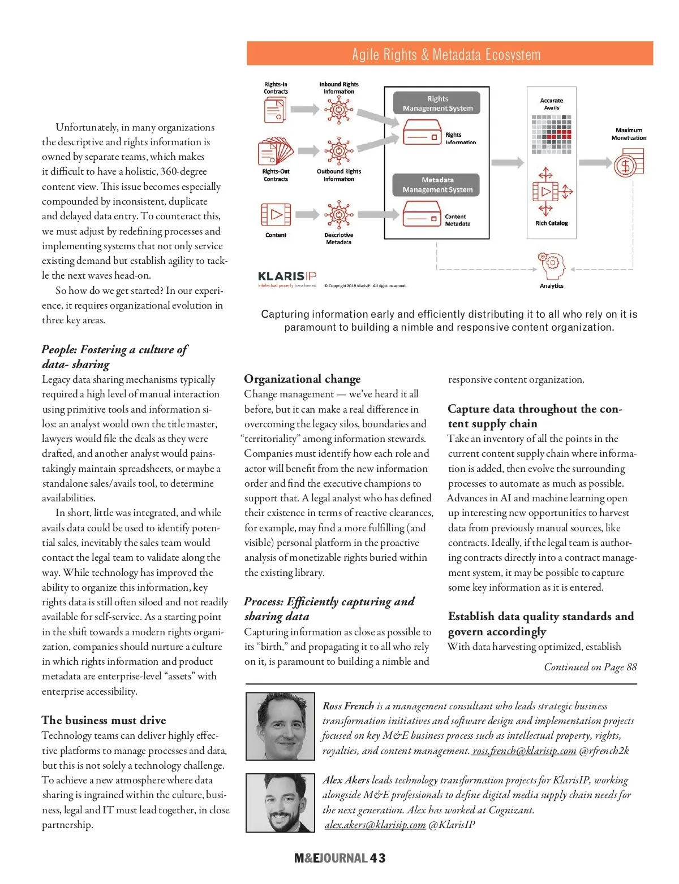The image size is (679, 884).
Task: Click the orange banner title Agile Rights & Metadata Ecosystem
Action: point(446,54)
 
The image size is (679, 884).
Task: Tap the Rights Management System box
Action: point(437,103)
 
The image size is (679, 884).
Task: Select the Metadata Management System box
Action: point(437,185)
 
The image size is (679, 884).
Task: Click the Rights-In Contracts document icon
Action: point(276,110)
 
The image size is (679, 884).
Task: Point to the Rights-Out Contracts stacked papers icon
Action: point(276,151)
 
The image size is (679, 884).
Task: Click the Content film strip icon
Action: point(276,215)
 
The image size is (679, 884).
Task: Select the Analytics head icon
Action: point(552,265)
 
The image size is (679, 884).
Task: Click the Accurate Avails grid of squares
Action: point(552,135)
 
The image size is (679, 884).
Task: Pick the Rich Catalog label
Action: point(552,223)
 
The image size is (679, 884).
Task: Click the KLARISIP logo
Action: point(287,276)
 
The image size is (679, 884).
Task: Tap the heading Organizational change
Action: point(302,379)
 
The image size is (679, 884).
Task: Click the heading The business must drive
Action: point(104,720)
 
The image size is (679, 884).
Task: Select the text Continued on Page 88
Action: point(590,667)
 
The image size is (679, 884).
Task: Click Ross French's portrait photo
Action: point(280,726)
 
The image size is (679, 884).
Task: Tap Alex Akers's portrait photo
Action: point(280,803)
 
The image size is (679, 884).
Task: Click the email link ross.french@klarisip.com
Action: point(524,751)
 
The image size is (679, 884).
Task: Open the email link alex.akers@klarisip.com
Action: point(375,825)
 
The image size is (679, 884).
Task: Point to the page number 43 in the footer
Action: point(378,858)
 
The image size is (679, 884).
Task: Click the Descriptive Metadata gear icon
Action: point(338,215)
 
